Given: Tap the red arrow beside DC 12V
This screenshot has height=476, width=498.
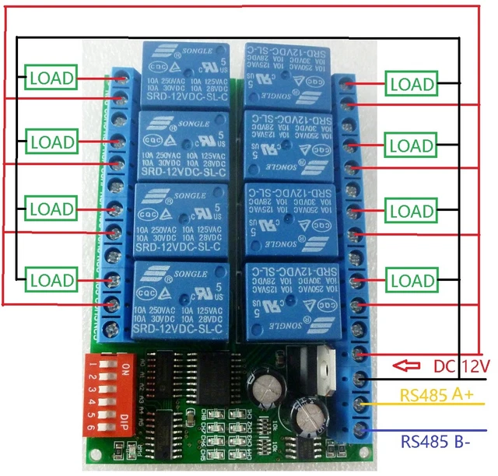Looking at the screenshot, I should click(405, 366).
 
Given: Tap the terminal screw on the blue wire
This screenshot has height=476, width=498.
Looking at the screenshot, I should click(359, 429).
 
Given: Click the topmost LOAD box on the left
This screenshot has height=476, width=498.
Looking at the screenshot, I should click(53, 78).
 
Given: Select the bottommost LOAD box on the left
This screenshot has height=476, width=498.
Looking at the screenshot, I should click(53, 278).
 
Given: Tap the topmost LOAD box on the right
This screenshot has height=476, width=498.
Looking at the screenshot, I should click(411, 83).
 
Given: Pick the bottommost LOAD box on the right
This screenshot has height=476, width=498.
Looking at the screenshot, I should click(411, 280).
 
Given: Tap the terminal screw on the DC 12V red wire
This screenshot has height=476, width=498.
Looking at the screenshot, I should click(359, 355).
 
